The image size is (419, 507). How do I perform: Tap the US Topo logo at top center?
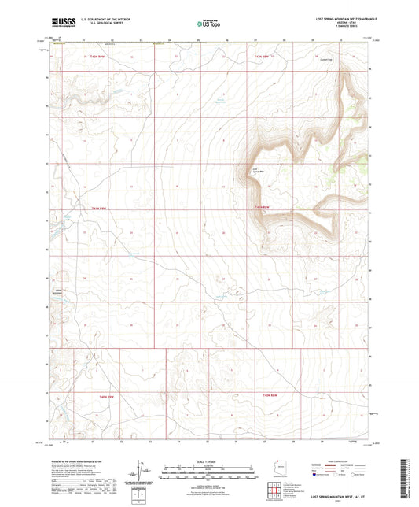pos(206,24)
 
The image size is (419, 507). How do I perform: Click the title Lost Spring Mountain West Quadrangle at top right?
pos(337,18)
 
